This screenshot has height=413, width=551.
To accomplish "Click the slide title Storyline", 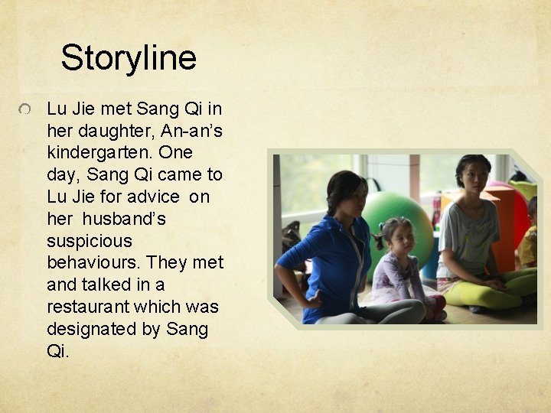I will tap(129, 57).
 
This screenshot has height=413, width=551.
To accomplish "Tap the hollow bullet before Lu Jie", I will tap(25, 112).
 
